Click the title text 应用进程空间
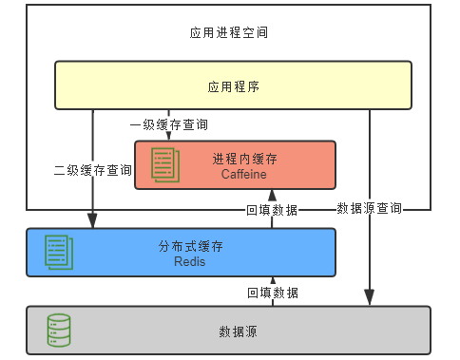point(229,32)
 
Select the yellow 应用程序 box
point(233,85)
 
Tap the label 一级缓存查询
point(169,124)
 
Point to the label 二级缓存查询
point(92,171)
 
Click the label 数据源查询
point(369,208)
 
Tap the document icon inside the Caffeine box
point(165,165)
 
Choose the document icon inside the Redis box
point(59,252)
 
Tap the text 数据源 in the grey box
point(233,332)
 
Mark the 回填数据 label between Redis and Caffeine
point(272,209)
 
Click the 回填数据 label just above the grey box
point(272,292)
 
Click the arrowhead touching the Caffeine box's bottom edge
point(272,195)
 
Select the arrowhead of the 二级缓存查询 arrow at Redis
point(93,223)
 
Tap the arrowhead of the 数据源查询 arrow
point(369,300)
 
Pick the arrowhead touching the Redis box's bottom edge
point(272,281)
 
